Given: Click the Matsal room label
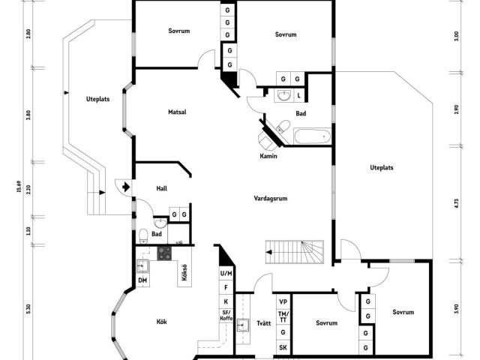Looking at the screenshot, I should (x=177, y=112).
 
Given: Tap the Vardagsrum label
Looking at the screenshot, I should (x=271, y=199).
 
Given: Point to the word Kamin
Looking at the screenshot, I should (x=269, y=156).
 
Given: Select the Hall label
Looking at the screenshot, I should (x=161, y=188).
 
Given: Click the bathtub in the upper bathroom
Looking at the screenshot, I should (x=311, y=136).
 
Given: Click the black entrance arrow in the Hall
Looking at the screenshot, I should (x=124, y=187).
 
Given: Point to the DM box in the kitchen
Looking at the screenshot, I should (x=142, y=280).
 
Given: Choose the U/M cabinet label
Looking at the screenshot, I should (x=226, y=274).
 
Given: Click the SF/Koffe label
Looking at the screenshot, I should (x=226, y=315).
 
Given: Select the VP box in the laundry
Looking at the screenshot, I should (x=283, y=301).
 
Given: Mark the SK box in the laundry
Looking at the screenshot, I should (x=283, y=347).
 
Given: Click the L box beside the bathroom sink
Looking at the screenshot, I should (x=299, y=95).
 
